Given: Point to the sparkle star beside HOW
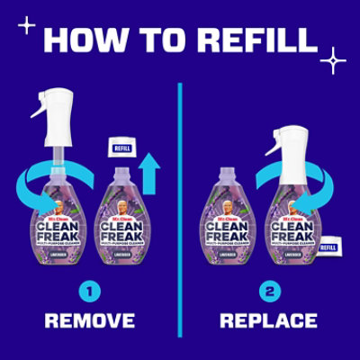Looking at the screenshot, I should pos(27,25).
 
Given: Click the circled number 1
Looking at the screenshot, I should pos(89,291).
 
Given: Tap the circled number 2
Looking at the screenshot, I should pos(267,291).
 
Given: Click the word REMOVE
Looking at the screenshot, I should pos(90,320).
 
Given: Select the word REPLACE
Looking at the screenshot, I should pos(268,320).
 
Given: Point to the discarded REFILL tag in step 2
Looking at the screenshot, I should pos(329,244).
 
